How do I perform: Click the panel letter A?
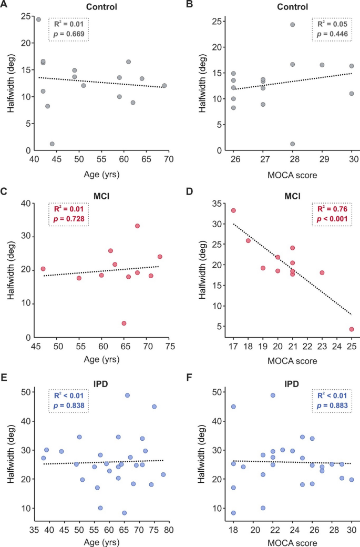click(5, 7)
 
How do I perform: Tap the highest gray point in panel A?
click(38, 19)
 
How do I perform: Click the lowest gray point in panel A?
click(52, 144)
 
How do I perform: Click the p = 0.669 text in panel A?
click(69, 35)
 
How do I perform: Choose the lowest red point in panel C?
click(124, 323)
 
